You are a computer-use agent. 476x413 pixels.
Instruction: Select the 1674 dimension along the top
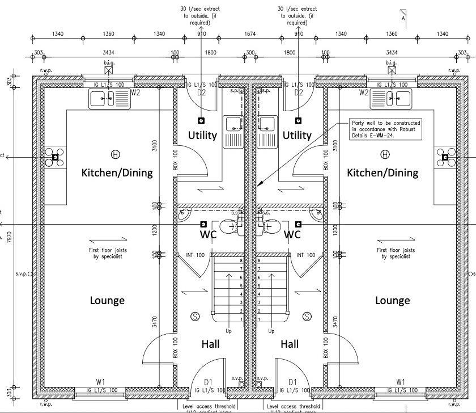pyautogui.click(x=250, y=34)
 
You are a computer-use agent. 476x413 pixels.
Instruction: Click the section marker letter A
pyautogui.click(x=403, y=18)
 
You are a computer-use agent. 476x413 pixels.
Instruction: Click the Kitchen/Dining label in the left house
pyautogui.click(x=117, y=172)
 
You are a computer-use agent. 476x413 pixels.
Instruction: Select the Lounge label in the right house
pyautogui.click(x=393, y=300)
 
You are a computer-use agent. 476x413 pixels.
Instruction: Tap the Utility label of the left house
pyautogui.click(x=202, y=135)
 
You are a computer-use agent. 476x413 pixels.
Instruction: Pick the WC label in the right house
pyautogui.click(x=292, y=234)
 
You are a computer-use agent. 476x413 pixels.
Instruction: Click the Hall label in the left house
pyautogui.click(x=210, y=344)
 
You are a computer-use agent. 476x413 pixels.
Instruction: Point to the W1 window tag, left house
pyautogui.click(x=101, y=381)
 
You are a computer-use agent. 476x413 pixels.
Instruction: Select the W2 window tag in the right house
pyautogui.click(x=364, y=92)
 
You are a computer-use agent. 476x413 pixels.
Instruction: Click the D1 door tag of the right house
pyautogui.click(x=293, y=382)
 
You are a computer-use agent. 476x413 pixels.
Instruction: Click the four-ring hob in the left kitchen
pyautogui.click(x=56, y=157)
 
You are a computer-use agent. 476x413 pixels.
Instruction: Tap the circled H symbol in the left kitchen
pyautogui.click(x=116, y=154)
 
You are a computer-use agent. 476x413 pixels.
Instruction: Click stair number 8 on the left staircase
pyautogui.click(x=242, y=260)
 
